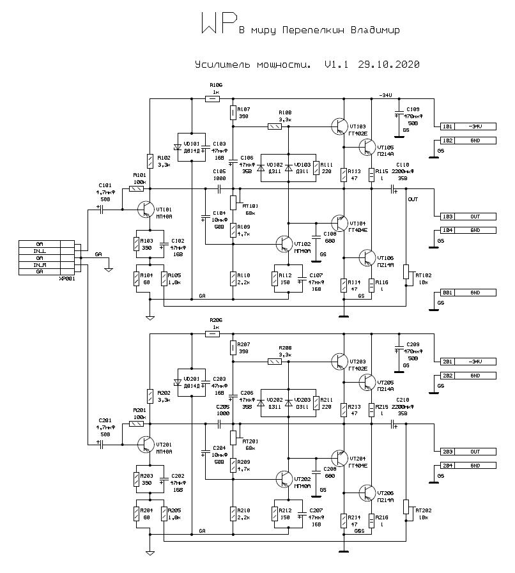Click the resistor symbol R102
point(150,161)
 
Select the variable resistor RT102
point(406,271)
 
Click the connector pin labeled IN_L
point(40,251)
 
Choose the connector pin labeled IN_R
point(40,264)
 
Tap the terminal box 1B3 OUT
point(467,217)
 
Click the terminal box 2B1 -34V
point(467,362)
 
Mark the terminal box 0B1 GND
point(467,293)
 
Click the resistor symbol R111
point(316,168)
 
